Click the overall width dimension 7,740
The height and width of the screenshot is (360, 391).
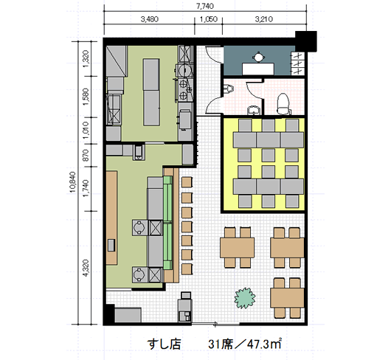point(205,6)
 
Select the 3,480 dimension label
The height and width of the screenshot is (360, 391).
point(149,19)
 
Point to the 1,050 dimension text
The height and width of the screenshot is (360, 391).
point(209,19)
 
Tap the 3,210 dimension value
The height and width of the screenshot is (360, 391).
point(264,19)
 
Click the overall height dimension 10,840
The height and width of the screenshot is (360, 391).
point(72,182)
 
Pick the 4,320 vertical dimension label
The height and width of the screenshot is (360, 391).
point(86,268)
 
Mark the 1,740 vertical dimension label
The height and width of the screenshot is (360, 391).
point(86,188)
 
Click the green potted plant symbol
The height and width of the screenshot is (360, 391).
point(245,298)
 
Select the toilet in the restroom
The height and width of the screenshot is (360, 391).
point(283,103)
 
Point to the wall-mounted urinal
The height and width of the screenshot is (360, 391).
point(229,89)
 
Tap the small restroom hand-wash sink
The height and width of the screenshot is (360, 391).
point(253,110)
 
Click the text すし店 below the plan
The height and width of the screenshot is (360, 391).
point(164,345)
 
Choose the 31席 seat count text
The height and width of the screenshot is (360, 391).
point(221,345)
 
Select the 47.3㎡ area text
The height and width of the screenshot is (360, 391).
point(264,344)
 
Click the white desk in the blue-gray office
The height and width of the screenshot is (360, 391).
point(258,69)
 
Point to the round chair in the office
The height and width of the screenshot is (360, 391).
point(259,57)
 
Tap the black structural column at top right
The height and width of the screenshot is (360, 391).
point(306,41)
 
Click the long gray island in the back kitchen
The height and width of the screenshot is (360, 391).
point(151,92)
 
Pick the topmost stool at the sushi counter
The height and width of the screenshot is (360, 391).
point(187,182)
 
